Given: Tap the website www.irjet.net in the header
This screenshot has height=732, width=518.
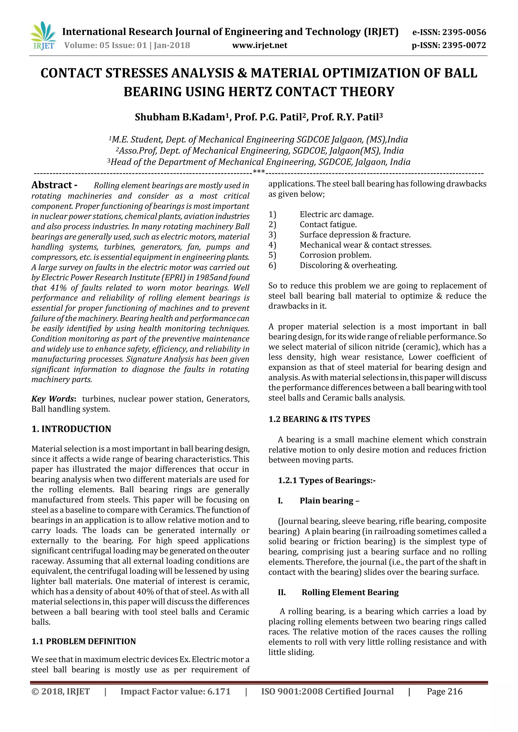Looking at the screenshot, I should tap(260, 45).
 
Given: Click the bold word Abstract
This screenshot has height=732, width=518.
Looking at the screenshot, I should tap(52, 185).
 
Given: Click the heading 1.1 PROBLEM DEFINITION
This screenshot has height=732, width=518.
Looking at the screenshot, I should tap(83, 641).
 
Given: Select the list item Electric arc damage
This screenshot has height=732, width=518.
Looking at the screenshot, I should tap(336, 214).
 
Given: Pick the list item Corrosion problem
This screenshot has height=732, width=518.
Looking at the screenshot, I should tap(335, 255).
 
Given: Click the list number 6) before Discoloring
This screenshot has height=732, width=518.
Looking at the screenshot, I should tap(272, 265).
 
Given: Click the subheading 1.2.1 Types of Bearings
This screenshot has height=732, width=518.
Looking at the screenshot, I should tap(326, 480).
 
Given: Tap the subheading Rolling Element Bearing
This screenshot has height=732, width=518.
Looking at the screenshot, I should tap(350, 592).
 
